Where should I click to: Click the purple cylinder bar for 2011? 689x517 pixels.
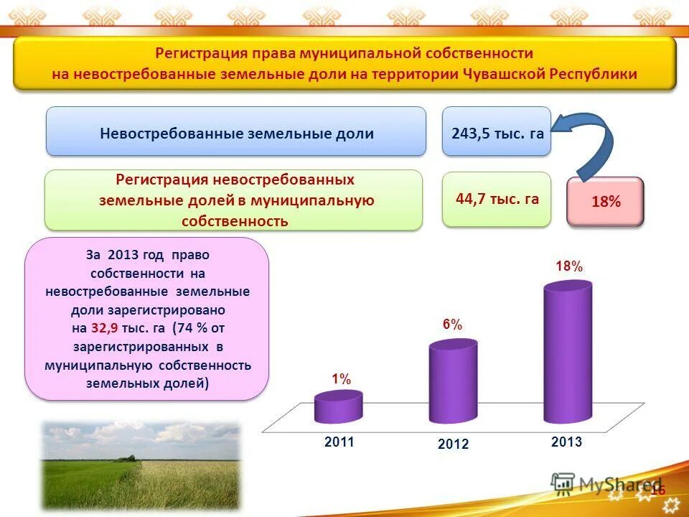pos(338,408)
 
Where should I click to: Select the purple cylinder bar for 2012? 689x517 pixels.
pos(453,383)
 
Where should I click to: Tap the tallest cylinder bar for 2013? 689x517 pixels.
pos(568,352)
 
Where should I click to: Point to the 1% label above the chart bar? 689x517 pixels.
pos(341,379)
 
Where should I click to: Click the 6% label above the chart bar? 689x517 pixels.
pos(452,325)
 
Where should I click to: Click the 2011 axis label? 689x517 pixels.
pos(339,442)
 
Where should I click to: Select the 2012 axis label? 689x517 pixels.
pos(453,444)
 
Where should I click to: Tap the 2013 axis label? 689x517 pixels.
pos(566,442)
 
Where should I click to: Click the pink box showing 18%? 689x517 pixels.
pos(606,202)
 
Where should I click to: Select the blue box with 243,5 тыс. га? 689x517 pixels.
pos(497,132)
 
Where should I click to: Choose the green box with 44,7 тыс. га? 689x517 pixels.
pos(497,199)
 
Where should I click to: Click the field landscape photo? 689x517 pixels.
pos(140,466)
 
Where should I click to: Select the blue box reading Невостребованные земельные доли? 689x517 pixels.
pos(236,132)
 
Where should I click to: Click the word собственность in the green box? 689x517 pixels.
pos(235,220)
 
